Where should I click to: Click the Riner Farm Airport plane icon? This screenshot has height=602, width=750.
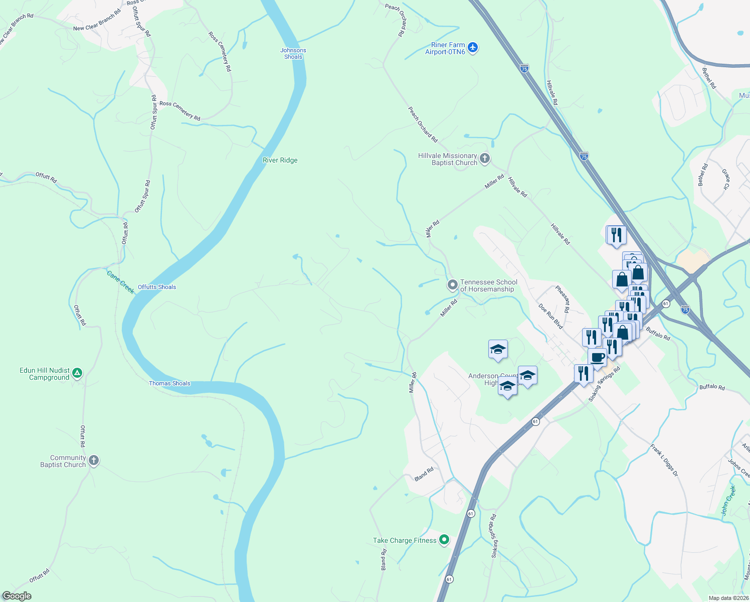tap(472, 48)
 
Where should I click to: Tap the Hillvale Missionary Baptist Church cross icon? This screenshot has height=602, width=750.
tap(484, 159)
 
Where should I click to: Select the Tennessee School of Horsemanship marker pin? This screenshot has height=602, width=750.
tap(452, 285)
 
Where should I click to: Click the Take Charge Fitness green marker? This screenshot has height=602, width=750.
tap(444, 540)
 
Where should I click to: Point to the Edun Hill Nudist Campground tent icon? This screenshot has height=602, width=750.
tap(77, 373)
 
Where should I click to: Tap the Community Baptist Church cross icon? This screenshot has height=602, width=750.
tap(93, 461)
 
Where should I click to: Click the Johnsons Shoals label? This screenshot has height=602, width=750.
tap(293, 54)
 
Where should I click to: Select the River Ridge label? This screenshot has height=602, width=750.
tap(280, 161)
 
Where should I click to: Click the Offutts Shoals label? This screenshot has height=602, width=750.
tap(157, 287)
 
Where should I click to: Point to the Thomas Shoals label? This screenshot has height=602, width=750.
tap(169, 383)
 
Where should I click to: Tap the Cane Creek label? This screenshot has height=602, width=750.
tap(120, 282)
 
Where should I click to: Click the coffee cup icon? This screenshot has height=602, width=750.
tap(597, 358)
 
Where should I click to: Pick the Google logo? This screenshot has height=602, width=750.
tap(17, 596)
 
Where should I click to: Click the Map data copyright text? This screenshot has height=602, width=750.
tap(728, 598)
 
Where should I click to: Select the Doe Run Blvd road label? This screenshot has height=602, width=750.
tap(550, 316)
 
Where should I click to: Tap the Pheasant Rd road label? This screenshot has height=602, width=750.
tap(563, 299)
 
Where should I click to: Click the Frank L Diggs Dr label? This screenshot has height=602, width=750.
tap(664, 460)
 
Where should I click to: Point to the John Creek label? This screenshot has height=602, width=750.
tap(728, 501)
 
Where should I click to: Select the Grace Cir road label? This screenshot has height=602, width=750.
tap(725, 180)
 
